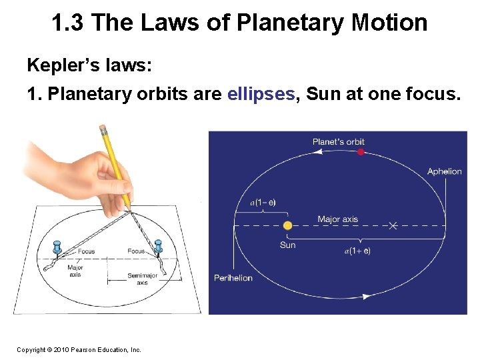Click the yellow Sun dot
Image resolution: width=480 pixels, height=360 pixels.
(287, 226)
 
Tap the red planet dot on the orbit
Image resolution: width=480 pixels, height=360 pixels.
(361, 152)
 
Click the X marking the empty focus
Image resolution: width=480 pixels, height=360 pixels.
(393, 226)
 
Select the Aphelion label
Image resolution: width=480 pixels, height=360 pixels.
(444, 172)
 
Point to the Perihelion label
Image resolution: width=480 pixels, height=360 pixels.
(233, 277)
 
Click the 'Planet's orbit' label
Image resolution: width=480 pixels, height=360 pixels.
(339, 141)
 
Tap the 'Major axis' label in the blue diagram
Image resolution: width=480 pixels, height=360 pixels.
(337, 219)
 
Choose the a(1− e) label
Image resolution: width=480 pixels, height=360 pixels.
(263, 202)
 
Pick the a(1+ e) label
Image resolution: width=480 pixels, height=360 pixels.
(357, 251)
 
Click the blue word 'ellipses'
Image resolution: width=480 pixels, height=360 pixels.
(261, 94)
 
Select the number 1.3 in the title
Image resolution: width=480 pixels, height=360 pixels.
(68, 23)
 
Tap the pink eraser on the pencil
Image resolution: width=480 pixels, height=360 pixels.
(103, 128)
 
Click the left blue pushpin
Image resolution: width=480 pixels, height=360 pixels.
(57, 247)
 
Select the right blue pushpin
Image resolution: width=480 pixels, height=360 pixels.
(158, 246)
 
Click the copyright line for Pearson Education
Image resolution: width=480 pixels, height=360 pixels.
(79, 349)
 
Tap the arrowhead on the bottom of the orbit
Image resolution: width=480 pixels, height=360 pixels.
(365, 296)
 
